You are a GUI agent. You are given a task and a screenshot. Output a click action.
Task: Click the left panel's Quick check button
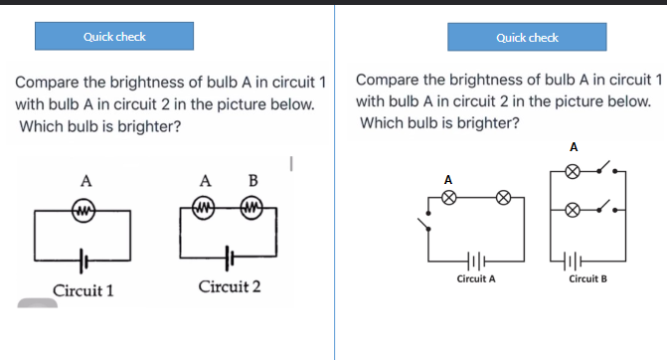point(114,37)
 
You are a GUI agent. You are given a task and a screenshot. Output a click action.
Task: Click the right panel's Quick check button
point(527,38)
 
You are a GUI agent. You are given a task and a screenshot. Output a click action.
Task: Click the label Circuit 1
point(83,290)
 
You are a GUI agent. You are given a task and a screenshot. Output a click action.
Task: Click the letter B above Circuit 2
point(252,181)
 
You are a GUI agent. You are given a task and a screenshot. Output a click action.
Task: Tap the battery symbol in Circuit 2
point(230,256)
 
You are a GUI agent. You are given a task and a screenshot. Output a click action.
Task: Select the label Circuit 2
point(230,287)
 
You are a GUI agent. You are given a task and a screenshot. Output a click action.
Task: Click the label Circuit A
point(476,279)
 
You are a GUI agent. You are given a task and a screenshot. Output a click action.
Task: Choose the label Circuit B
point(588,279)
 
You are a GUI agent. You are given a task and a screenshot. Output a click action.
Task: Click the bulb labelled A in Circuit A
point(449,197)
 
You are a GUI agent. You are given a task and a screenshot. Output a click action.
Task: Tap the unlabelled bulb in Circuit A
point(505,197)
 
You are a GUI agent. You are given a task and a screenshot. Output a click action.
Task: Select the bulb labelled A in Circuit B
point(572,171)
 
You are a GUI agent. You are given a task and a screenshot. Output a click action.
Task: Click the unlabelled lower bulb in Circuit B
point(572,211)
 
